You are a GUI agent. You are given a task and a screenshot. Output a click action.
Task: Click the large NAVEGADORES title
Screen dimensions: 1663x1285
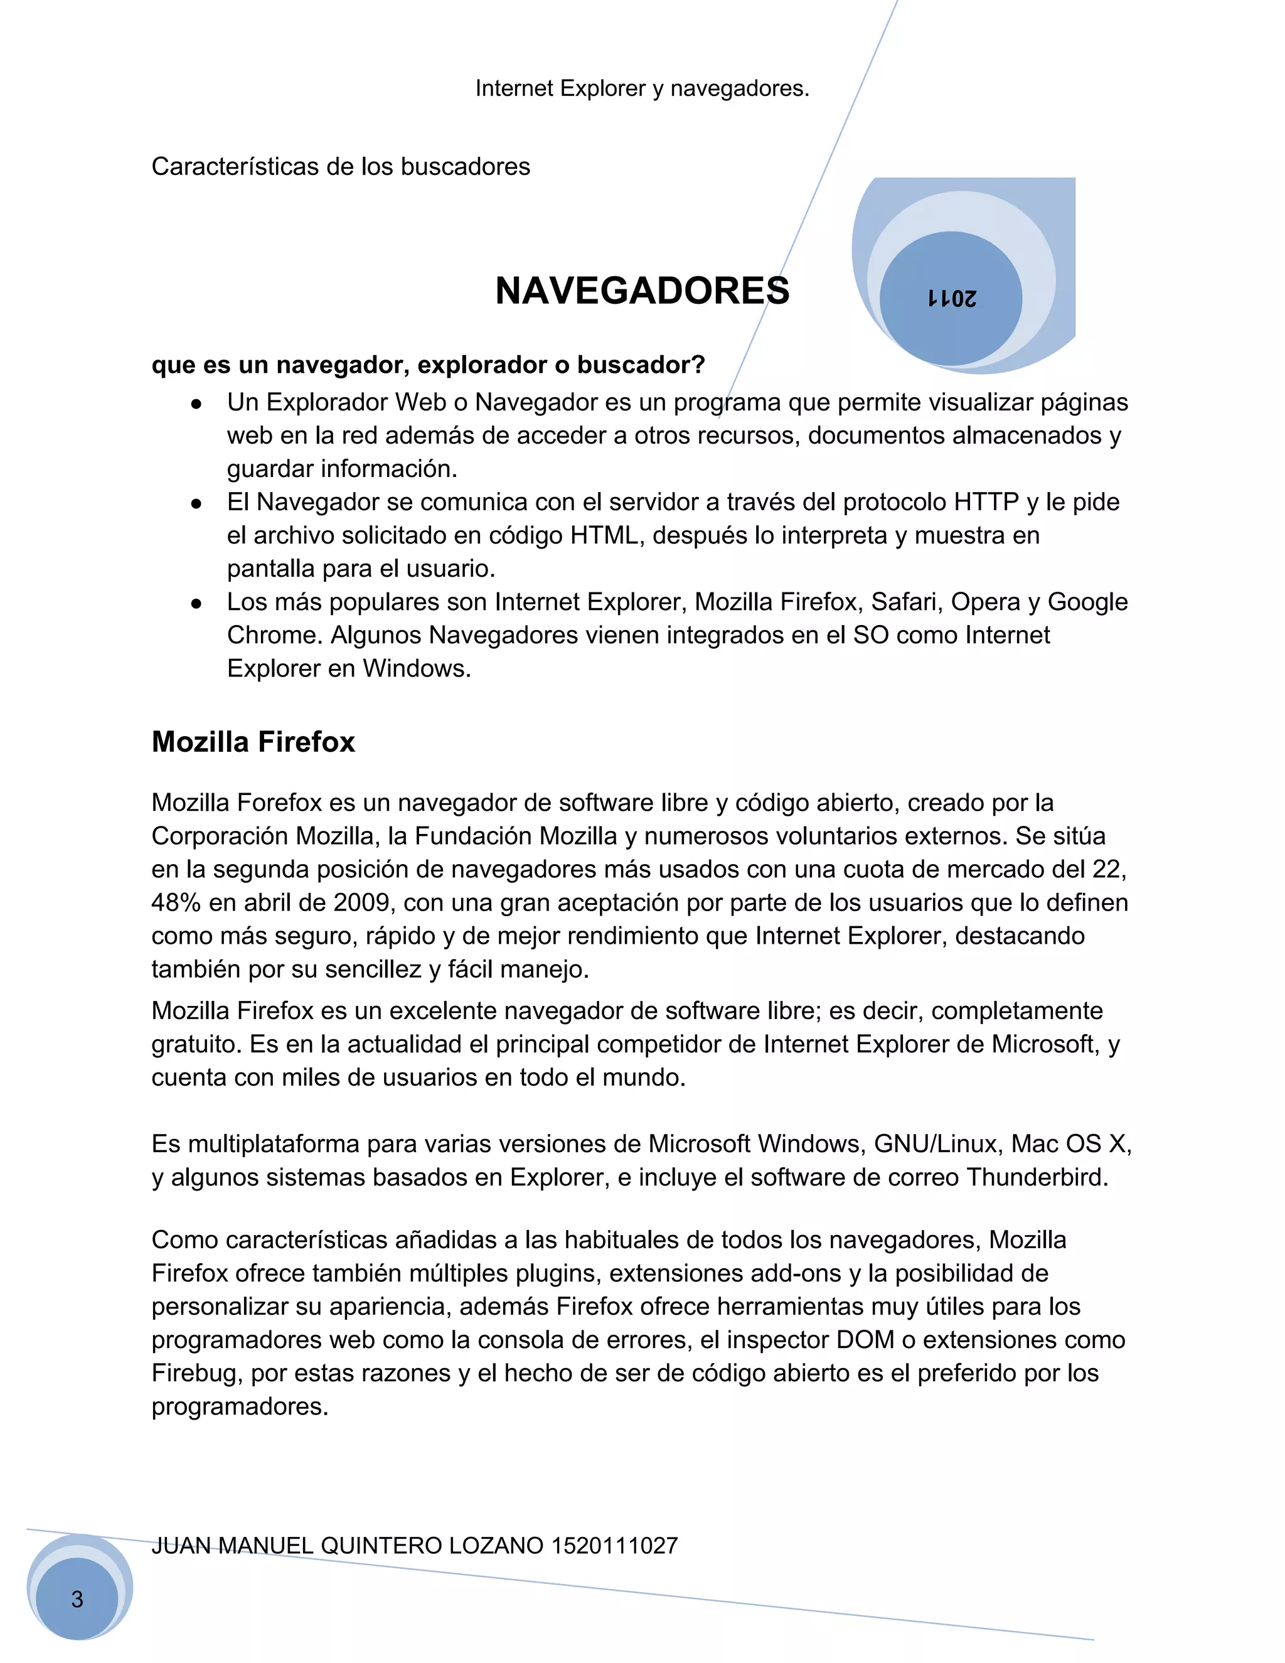tap(642, 291)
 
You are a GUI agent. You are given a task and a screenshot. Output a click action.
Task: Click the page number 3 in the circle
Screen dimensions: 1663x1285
tap(77, 1599)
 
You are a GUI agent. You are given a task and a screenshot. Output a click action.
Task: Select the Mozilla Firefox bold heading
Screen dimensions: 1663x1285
tap(253, 742)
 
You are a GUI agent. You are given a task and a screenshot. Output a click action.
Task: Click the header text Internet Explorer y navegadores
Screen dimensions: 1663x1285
tap(642, 89)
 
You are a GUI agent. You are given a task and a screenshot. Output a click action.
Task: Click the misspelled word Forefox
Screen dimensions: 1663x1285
tap(279, 803)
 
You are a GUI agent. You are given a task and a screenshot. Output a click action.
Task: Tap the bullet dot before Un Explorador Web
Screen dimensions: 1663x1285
tap(196, 404)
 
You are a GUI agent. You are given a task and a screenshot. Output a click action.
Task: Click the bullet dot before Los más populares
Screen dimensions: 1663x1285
tap(196, 604)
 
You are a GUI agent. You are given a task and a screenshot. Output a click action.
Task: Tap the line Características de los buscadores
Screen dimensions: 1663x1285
tap(340, 167)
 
